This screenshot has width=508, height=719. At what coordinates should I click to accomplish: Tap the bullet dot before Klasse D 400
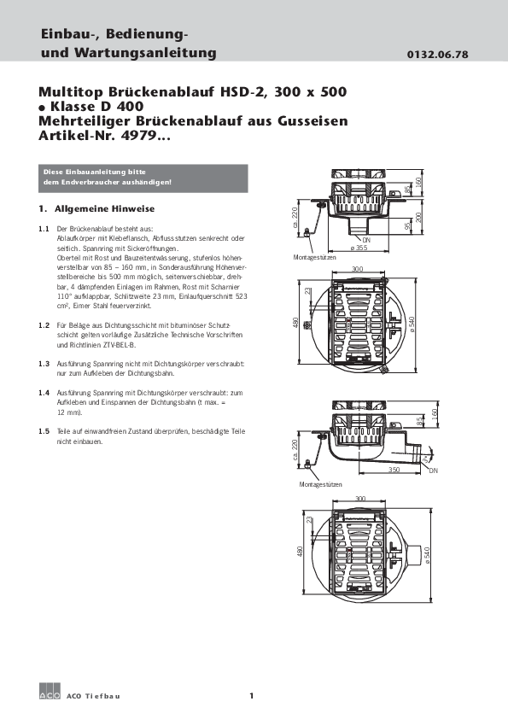coord(42,108)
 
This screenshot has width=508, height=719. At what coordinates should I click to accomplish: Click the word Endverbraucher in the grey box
coord(84,183)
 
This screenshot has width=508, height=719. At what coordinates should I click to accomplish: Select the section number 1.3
coord(44,363)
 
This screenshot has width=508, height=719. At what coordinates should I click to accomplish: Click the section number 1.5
coord(44,433)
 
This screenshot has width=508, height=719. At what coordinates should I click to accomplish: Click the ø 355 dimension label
coord(359,247)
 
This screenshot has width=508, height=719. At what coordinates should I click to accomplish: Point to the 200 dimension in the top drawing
coord(418,216)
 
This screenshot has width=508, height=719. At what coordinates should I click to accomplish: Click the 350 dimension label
coord(394,469)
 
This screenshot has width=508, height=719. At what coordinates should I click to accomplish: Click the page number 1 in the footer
coord(252,697)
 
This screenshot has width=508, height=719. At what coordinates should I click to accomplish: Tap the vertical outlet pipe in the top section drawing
coord(357,229)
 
